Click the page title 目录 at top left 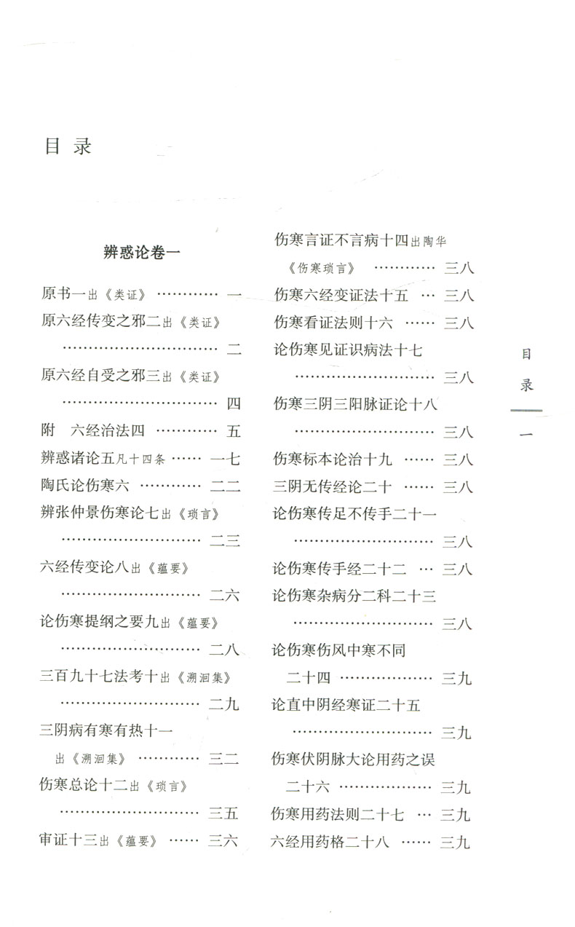pyautogui.click(x=68, y=146)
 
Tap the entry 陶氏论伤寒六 pyautogui.click(x=85, y=486)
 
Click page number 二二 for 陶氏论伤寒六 pyautogui.click(x=225, y=486)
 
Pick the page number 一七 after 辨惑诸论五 pyautogui.click(x=225, y=459)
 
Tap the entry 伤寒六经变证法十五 pyautogui.click(x=341, y=295)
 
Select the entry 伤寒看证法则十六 pyautogui.click(x=333, y=322)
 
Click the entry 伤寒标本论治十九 pyautogui.click(x=333, y=459)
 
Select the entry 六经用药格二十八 pyautogui.click(x=332, y=842)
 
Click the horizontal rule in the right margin pyautogui.click(x=526, y=411)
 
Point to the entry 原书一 pyautogui.click(x=63, y=294)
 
